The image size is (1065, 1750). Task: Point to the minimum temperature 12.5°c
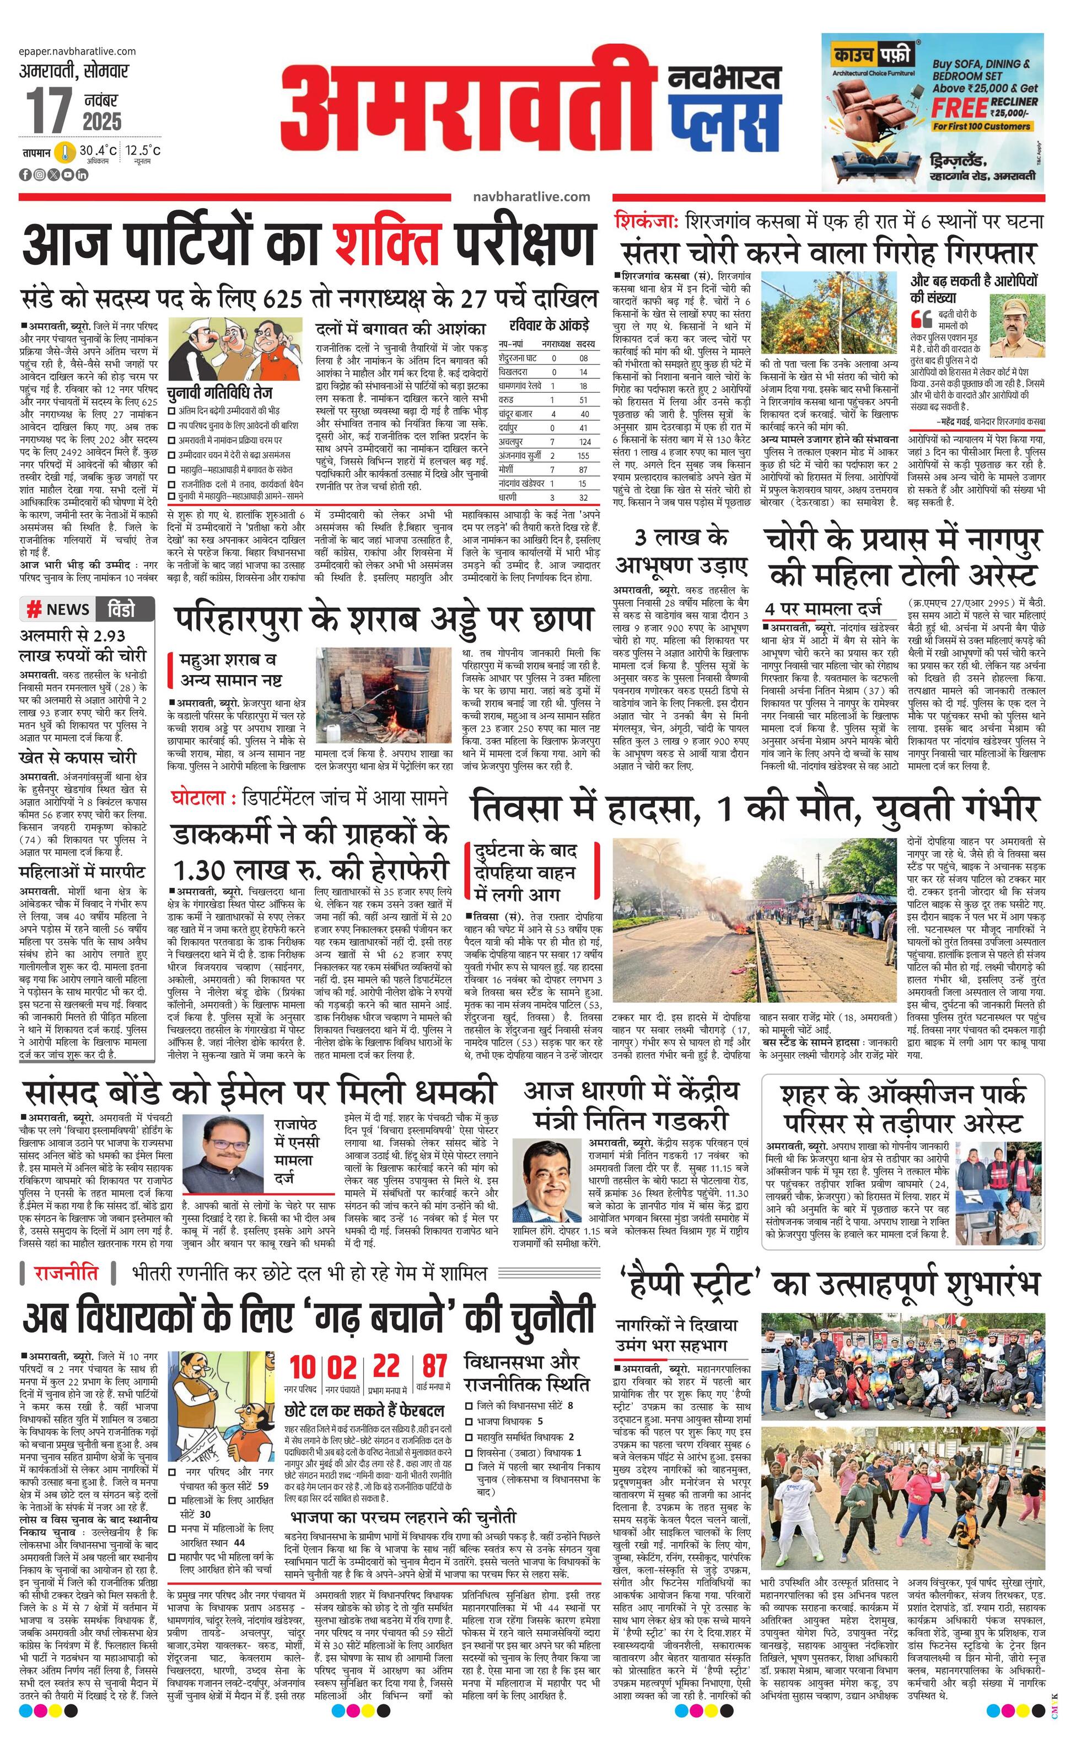(143, 151)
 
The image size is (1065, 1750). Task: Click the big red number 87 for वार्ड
(434, 1364)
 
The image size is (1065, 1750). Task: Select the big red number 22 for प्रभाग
(386, 1364)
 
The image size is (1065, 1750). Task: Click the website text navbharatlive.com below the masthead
(530, 197)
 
